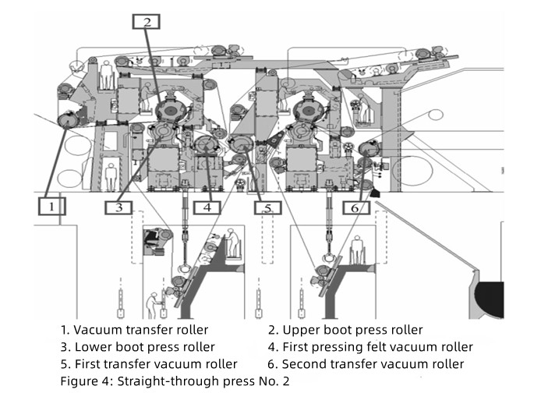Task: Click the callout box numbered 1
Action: pyautogui.click(x=51, y=207)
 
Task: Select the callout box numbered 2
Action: pyautogui.click(x=147, y=22)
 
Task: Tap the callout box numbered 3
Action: pyautogui.click(x=118, y=207)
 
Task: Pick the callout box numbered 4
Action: pyautogui.click(x=207, y=207)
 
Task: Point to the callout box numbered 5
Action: pyautogui.click(x=267, y=207)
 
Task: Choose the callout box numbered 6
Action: pyautogui.click(x=356, y=207)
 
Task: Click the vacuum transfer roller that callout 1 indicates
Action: pyautogui.click(x=68, y=120)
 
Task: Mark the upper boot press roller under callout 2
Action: pyautogui.click(x=171, y=111)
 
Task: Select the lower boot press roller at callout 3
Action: pyautogui.click(x=164, y=133)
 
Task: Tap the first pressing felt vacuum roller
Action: pyautogui.click(x=206, y=144)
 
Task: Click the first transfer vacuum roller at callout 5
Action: pyautogui.click(x=242, y=144)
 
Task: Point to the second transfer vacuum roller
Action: pyautogui.click(x=370, y=148)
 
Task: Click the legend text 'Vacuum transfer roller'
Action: pyautogui.click(x=141, y=330)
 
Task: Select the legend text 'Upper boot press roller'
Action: pyautogui.click(x=352, y=330)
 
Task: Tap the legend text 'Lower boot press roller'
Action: pyautogui.click(x=144, y=347)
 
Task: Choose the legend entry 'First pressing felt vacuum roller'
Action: pyautogui.click(x=378, y=347)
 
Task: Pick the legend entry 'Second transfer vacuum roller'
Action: pyautogui.click(x=373, y=364)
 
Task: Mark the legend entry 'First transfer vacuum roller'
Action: pyautogui.click(x=156, y=364)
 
